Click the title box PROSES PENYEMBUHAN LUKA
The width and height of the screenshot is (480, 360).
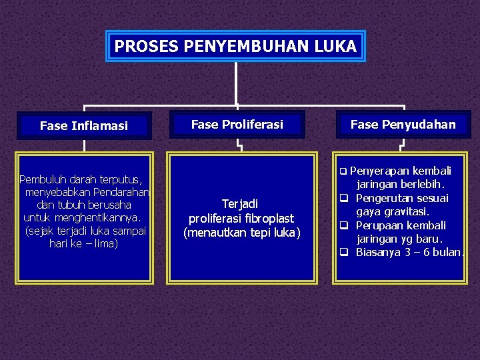coord(236,46)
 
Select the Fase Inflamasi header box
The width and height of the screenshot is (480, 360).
coord(84,125)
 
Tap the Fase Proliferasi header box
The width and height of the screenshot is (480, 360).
coord(237,124)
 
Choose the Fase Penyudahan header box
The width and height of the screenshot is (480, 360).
coord(403,124)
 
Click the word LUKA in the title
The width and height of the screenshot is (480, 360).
coord(337,46)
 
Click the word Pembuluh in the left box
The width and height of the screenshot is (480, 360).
coord(41,179)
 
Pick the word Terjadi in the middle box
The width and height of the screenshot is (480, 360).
coord(240,204)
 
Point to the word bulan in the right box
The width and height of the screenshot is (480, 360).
coord(445,252)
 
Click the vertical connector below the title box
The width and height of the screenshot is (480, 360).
coord(237,83)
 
